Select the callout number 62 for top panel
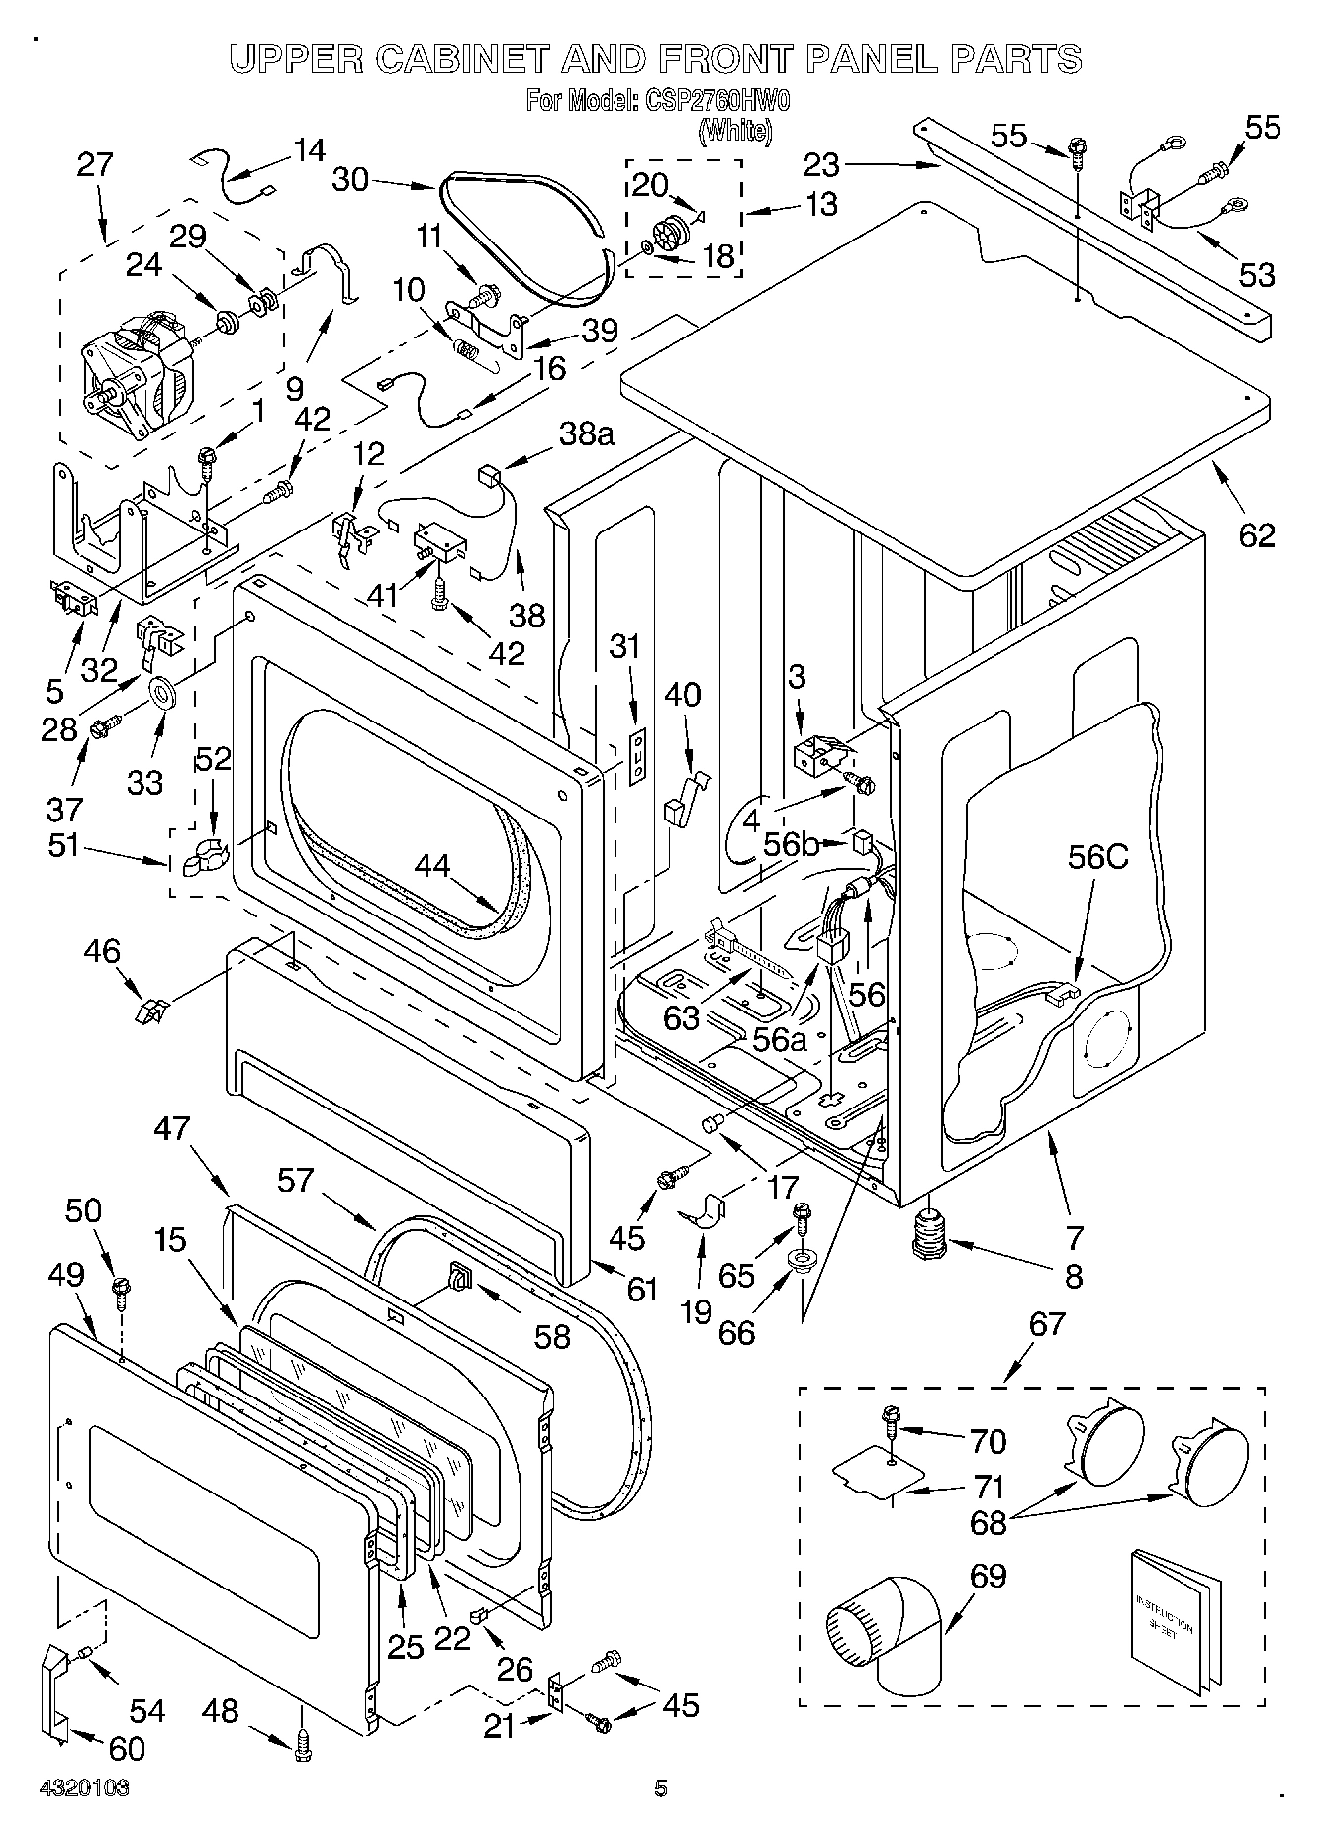tap(1256, 535)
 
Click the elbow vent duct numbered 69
tap(884, 1650)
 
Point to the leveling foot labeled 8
tap(930, 1235)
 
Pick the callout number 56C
tap(1097, 857)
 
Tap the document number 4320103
tap(84, 1787)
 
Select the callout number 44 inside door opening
tap(431, 866)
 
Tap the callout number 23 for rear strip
tap(820, 163)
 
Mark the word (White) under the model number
tap(735, 131)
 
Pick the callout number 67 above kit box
tap(1048, 1323)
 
